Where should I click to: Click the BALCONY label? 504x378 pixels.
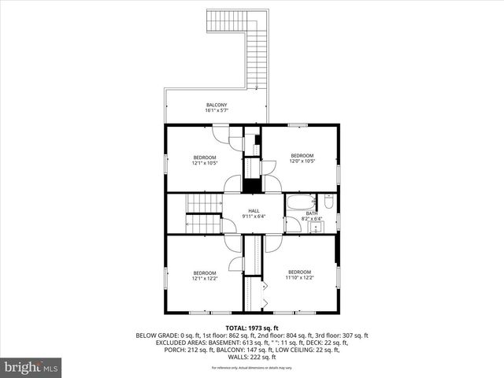tap(217, 105)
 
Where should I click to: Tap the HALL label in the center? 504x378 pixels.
tap(254, 210)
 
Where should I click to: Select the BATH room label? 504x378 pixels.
tap(312, 213)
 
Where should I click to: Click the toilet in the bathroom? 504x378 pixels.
tap(329, 203)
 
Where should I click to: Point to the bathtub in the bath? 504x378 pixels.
tap(300, 202)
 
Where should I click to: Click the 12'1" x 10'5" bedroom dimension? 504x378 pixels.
tap(205, 164)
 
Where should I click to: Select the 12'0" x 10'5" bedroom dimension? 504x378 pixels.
tap(302, 161)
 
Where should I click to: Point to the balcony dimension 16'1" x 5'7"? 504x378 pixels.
tap(217, 111)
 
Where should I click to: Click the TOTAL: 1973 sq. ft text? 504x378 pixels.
tap(252, 327)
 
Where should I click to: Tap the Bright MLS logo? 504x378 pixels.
tap(31, 367)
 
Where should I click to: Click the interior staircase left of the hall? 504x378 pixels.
tap(205, 214)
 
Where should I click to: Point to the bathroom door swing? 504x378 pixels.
tap(292, 225)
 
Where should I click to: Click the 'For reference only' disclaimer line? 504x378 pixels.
tap(252, 368)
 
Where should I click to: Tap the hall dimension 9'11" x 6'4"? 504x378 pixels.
tap(254, 217)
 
